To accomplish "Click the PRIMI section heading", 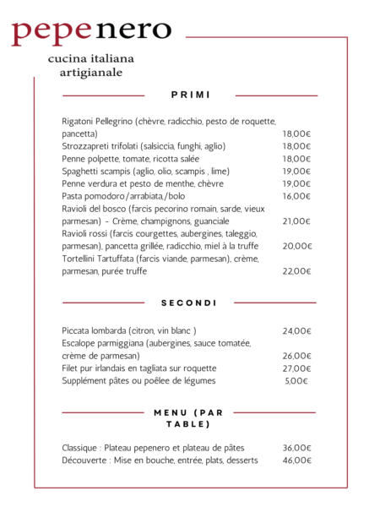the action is [x=189, y=95].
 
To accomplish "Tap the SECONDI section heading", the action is [x=189, y=303].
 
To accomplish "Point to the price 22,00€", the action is [x=297, y=271].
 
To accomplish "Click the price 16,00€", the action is [x=297, y=196].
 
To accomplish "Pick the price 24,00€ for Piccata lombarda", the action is [x=297, y=330].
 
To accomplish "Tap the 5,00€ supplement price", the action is [x=297, y=381].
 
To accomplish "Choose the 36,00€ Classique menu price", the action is [x=297, y=448].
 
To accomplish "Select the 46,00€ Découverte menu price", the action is [x=297, y=461].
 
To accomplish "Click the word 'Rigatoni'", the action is [x=79, y=121].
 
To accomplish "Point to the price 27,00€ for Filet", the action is [x=297, y=368].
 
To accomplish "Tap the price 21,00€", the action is [x=297, y=221].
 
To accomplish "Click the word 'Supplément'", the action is [x=85, y=381].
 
